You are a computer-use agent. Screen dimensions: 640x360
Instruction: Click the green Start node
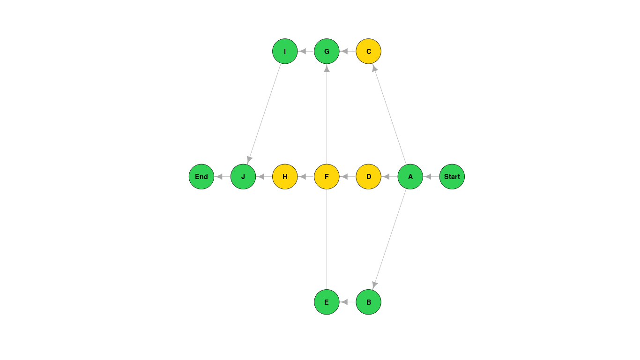[452, 177]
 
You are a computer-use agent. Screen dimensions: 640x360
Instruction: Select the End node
[201, 177]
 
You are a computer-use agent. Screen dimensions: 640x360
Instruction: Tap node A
[410, 177]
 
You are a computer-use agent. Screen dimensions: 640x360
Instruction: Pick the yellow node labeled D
[368, 177]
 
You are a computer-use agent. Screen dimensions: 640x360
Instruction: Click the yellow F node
[327, 177]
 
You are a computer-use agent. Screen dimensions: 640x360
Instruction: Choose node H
[285, 177]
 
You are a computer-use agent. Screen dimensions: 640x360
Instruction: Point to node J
[243, 177]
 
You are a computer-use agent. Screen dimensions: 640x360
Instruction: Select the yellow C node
[368, 52]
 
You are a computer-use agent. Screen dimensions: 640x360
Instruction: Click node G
[327, 52]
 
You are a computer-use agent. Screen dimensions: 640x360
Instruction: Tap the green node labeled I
[285, 52]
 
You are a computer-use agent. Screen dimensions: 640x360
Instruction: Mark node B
[368, 302]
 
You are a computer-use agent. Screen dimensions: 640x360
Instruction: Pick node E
[327, 302]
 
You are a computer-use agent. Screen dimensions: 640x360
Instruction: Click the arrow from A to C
[389, 114]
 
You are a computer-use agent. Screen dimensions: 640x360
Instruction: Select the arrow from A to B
[389, 239]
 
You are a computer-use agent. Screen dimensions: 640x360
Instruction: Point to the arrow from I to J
[264, 114]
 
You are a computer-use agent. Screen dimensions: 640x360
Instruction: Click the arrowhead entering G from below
[327, 68]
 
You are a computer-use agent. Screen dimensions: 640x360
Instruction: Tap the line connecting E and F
[327, 239]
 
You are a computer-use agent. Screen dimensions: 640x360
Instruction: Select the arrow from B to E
[347, 302]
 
